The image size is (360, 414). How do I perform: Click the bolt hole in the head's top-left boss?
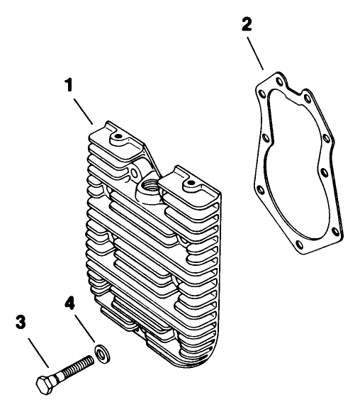coord(118,136)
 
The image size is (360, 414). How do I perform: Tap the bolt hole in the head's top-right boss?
coord(189,186)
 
